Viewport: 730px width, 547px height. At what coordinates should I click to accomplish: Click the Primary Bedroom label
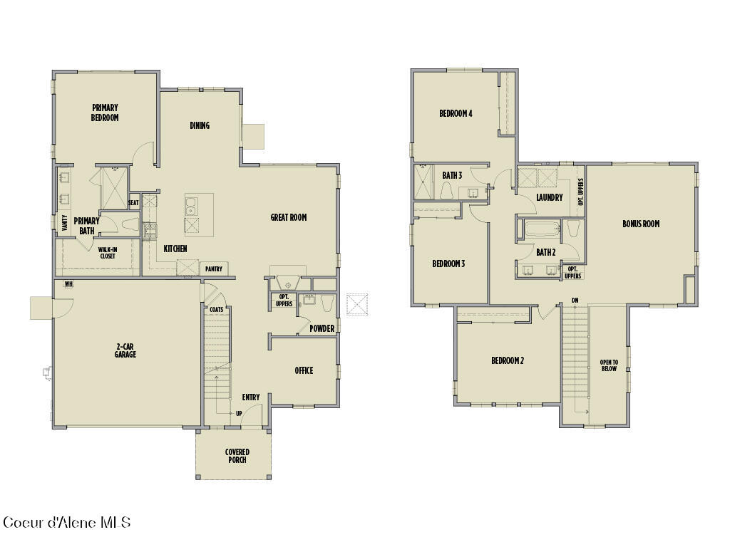click(x=105, y=113)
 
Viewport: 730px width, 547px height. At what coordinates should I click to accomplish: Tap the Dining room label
click(x=200, y=125)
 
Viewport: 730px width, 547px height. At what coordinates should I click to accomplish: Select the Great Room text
click(x=289, y=217)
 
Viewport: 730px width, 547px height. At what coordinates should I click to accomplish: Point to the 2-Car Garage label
click(x=125, y=350)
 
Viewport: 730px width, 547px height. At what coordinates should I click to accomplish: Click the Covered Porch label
click(x=237, y=456)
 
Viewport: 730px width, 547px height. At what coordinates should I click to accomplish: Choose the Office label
click(x=304, y=370)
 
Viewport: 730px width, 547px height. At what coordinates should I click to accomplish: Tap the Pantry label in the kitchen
click(x=213, y=269)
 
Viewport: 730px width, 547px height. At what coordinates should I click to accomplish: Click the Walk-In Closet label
click(x=108, y=252)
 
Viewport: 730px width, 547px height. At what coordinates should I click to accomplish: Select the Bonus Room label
click(x=641, y=224)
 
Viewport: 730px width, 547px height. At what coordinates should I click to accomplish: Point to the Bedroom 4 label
click(x=456, y=113)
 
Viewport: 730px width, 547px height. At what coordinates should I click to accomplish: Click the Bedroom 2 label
click(x=508, y=360)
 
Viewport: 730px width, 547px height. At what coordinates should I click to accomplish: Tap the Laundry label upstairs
click(x=550, y=197)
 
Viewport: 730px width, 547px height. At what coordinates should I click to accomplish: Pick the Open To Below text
click(x=609, y=365)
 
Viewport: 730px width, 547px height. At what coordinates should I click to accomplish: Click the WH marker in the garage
click(x=69, y=283)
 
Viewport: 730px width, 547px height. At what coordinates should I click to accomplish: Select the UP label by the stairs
click(x=239, y=413)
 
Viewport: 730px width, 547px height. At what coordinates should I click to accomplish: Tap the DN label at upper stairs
click(x=575, y=300)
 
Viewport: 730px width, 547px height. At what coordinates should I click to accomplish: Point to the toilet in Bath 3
click(x=448, y=192)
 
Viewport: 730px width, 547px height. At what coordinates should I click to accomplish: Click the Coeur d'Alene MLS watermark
click(x=67, y=523)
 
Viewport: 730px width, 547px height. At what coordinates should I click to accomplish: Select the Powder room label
click(x=322, y=328)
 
